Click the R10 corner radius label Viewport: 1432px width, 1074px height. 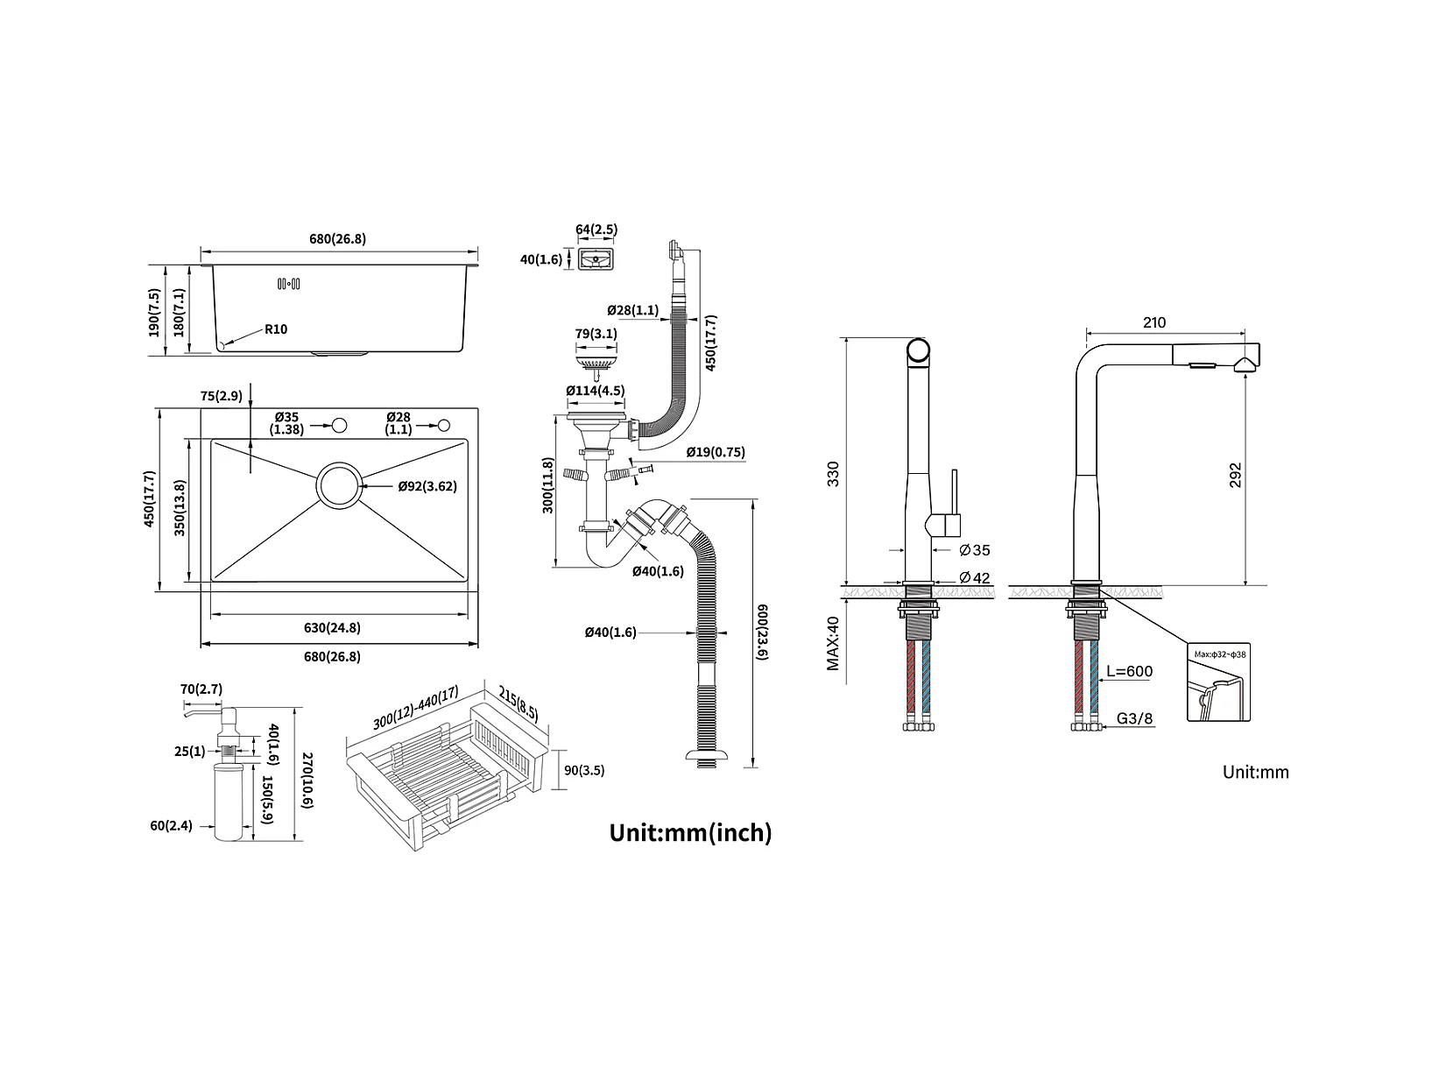[276, 330]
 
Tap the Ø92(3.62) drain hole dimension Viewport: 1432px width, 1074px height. [427, 486]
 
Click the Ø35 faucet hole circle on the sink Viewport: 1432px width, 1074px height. [338, 426]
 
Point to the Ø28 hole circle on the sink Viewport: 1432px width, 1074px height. [444, 426]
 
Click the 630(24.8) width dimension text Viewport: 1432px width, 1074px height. [332, 627]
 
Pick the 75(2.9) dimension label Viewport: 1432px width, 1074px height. [221, 396]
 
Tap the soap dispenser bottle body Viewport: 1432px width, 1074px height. [231, 801]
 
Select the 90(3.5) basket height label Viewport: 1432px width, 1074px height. [584, 771]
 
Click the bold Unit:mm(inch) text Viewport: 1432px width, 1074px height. [690, 832]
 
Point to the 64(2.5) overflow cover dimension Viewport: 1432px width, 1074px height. [596, 230]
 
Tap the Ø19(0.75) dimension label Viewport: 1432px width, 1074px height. [716, 452]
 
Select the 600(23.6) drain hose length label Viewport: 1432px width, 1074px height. [763, 632]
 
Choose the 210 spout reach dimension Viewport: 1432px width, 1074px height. [1154, 322]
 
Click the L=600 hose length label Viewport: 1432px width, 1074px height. [1129, 672]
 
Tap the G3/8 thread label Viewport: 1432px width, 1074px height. [1135, 719]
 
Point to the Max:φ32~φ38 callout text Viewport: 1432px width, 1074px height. [1218, 654]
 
